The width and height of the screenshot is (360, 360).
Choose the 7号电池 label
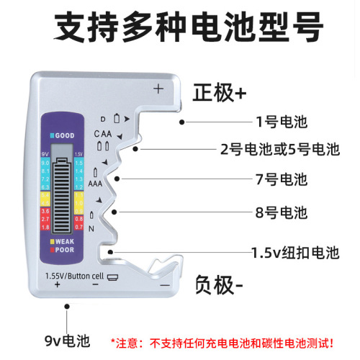[282, 178]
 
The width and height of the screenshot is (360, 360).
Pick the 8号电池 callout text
[282, 212]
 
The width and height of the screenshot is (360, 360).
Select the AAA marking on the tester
[95, 184]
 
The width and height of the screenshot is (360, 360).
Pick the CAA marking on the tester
[102, 134]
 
